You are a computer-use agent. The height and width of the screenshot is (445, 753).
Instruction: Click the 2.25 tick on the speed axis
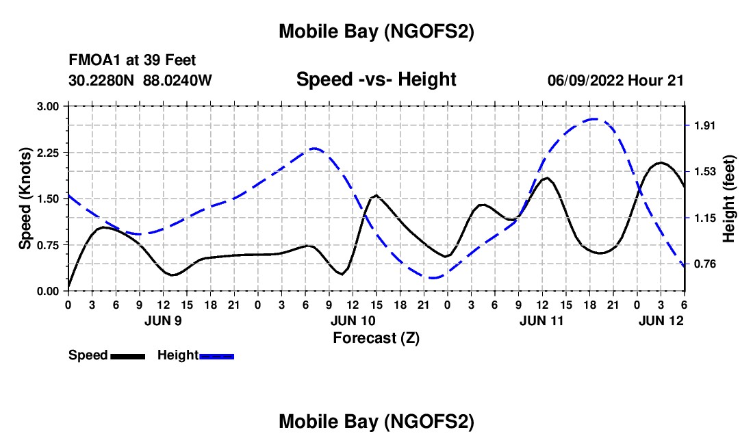[x=50, y=152]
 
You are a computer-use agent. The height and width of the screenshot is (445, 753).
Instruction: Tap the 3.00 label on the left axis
[x=50, y=106]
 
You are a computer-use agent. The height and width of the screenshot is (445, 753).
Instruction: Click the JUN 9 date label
[x=162, y=320]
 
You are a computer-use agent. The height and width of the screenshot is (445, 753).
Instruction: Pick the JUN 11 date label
[x=542, y=320]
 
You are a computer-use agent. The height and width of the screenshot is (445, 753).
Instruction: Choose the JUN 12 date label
[x=661, y=320]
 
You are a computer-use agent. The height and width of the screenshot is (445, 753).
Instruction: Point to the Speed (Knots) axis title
[x=25, y=199]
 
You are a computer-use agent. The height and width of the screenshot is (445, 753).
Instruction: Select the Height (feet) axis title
[x=728, y=199]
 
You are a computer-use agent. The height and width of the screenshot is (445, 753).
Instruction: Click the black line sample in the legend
[x=127, y=356]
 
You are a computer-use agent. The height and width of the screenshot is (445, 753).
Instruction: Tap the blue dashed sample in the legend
[x=217, y=356]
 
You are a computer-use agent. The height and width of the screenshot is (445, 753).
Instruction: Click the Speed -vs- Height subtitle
[x=376, y=79]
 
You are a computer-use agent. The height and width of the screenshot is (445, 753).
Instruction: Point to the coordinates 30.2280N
[x=103, y=80]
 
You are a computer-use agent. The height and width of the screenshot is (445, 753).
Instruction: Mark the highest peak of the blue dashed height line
[x=594, y=118]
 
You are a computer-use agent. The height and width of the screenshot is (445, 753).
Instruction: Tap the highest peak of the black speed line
[x=661, y=163]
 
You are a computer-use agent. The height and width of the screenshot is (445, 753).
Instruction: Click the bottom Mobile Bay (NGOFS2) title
[x=376, y=422]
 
